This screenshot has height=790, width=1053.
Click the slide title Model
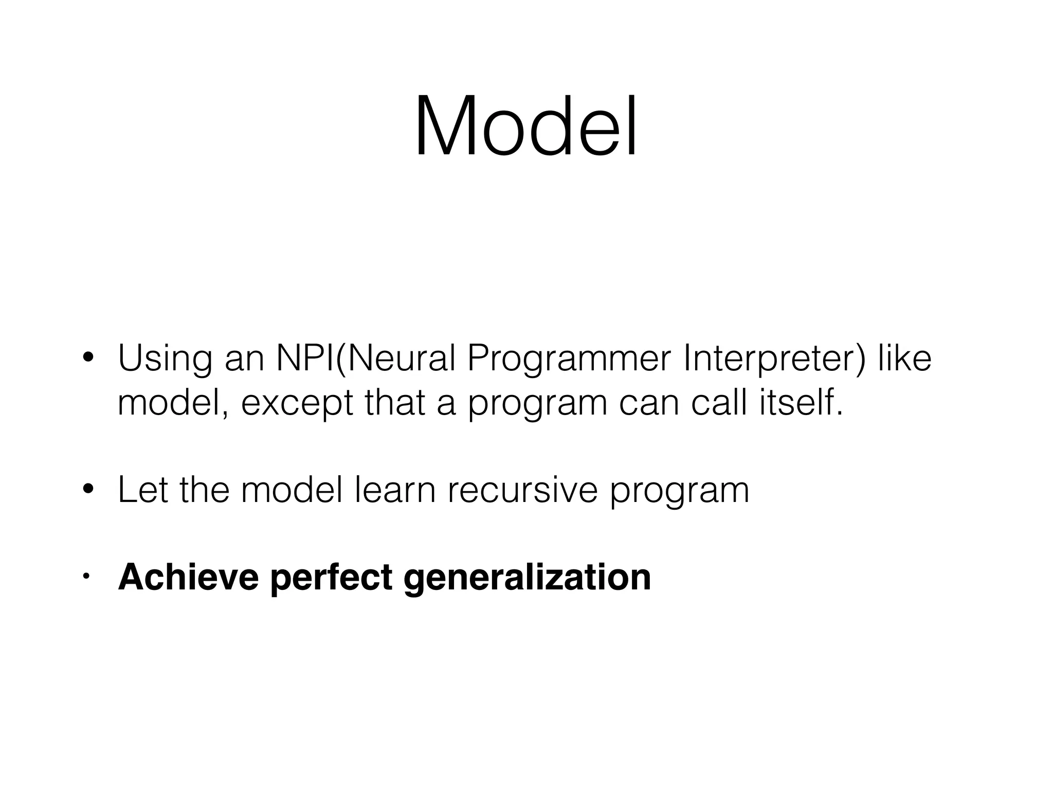pos(526,126)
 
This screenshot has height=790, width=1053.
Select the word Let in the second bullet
pos(142,490)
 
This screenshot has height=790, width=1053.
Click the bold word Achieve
pos(188,577)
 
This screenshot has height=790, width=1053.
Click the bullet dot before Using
pos(88,358)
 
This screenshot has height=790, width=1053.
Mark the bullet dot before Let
pos(88,489)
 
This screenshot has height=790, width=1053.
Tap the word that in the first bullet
pos(394,403)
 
